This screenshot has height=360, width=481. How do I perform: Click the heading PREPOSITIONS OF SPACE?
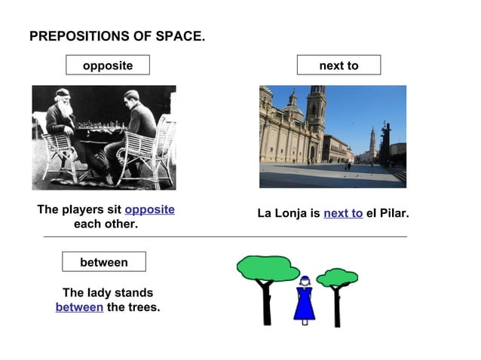click(x=117, y=36)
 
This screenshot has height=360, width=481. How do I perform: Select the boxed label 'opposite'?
click(x=108, y=66)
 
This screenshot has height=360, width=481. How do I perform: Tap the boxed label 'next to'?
click(x=339, y=66)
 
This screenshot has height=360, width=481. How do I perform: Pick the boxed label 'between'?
click(x=104, y=262)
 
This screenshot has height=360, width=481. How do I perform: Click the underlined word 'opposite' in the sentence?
click(x=149, y=209)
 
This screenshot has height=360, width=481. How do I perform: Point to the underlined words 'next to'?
click(x=343, y=213)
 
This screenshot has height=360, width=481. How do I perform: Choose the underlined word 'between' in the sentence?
click(x=79, y=307)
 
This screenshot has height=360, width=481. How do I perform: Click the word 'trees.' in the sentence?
click(x=143, y=307)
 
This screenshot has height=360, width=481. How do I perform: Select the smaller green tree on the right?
click(x=337, y=279)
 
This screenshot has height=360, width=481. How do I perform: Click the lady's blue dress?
click(x=304, y=304)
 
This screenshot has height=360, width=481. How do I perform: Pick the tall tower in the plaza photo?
click(x=317, y=113)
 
